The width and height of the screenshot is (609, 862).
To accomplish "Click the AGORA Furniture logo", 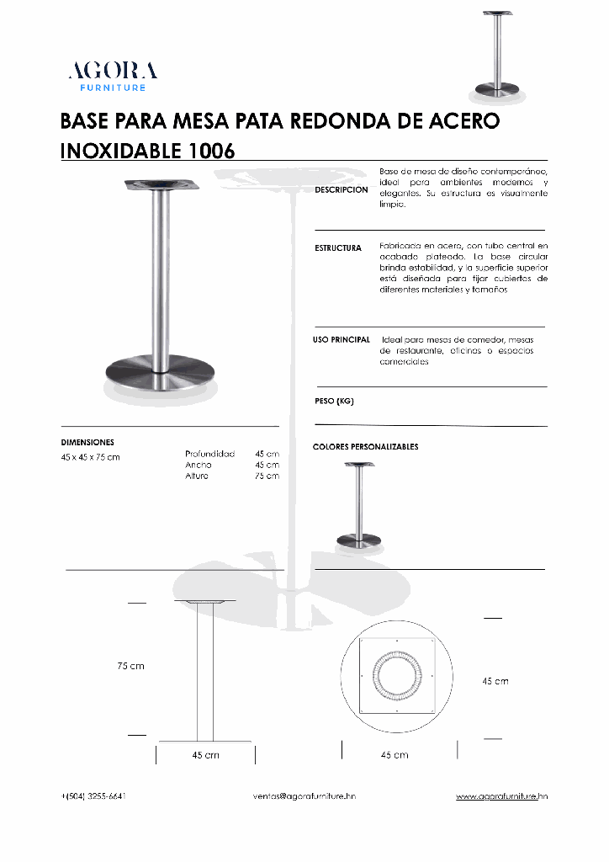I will point(113,76).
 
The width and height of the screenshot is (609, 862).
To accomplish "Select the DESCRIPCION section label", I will point(342,189).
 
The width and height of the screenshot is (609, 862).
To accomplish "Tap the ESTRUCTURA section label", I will point(338,248).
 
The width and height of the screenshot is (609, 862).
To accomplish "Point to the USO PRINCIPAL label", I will point(342,339).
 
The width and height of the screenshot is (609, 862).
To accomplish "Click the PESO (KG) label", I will point(334,402).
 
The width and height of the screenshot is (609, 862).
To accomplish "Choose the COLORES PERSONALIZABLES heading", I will point(365,446).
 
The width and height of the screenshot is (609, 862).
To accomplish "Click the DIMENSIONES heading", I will point(87,442).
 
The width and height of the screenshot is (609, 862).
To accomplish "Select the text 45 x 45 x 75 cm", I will point(90,457).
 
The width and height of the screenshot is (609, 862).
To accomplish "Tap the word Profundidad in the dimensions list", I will point(209,454).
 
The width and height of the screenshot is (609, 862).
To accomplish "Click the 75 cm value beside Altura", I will point(267,476).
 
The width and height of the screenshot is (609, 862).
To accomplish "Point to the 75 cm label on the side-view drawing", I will point(130,666).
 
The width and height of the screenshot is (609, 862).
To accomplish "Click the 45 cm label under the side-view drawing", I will point(205,755).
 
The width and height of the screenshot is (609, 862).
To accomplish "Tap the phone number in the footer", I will point(93,795).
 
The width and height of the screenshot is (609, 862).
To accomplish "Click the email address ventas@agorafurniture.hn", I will point(304,795).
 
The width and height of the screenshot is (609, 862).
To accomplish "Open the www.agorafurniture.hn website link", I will point(502,795).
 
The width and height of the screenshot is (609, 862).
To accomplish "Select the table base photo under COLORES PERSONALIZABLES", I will point(358,503).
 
